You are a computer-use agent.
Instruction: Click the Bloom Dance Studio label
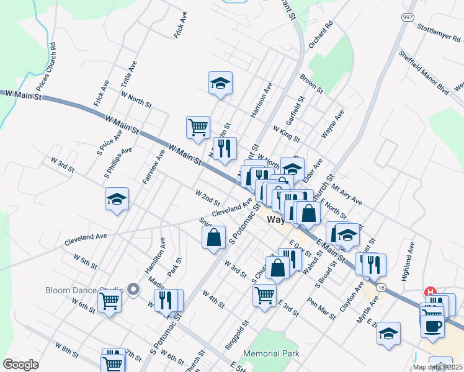click(84, 290)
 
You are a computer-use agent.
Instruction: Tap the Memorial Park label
click(271, 354)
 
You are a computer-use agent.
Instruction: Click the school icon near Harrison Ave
click(220, 83)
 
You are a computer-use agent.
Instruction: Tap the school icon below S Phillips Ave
click(117, 199)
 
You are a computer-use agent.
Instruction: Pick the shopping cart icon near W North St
click(198, 127)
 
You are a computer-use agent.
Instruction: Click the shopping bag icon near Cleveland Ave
click(213, 237)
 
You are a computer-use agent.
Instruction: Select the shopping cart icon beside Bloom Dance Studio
click(109, 301)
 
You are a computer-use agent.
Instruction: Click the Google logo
click(21, 365)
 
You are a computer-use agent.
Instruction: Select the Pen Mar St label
click(321, 308)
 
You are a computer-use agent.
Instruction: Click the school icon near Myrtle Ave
click(389, 333)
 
